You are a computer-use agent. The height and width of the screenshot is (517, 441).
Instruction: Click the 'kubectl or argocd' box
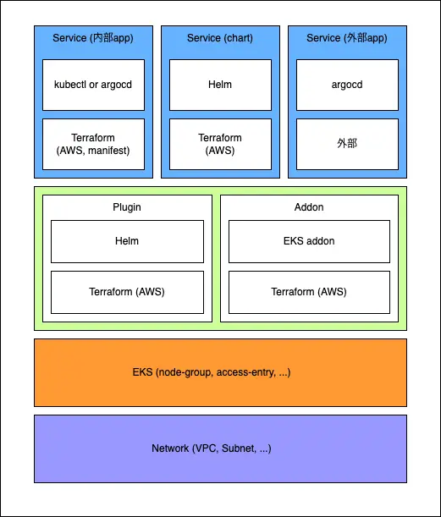click(x=93, y=85)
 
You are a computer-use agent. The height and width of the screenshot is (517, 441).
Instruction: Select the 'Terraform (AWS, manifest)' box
click(x=93, y=145)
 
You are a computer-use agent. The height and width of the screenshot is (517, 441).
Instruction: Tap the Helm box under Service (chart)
click(x=220, y=85)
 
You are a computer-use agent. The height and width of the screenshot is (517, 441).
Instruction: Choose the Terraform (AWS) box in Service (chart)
click(x=220, y=145)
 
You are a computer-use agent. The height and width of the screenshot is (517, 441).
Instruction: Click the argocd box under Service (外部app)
click(x=347, y=85)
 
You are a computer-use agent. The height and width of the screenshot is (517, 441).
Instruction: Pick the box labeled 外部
click(x=347, y=145)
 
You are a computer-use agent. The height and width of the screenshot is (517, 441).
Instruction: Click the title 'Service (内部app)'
click(x=93, y=38)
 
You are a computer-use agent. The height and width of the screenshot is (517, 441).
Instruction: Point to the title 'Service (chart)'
click(x=220, y=38)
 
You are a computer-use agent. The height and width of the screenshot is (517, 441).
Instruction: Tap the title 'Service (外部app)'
click(x=347, y=38)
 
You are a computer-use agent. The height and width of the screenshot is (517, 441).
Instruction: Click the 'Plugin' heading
click(x=127, y=207)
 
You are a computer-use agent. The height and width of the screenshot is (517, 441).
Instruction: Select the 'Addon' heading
click(x=309, y=207)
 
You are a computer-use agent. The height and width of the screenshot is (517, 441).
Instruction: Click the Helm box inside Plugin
click(x=127, y=242)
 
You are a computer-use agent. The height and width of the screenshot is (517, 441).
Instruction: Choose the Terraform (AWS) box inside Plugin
click(x=127, y=293)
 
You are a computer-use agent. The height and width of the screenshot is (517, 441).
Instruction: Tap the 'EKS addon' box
click(x=310, y=242)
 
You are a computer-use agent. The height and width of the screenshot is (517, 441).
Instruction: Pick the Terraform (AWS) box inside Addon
click(x=310, y=293)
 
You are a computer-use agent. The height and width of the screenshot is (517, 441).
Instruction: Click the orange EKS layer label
click(x=212, y=372)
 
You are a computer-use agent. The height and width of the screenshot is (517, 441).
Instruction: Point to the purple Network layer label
click(x=212, y=448)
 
